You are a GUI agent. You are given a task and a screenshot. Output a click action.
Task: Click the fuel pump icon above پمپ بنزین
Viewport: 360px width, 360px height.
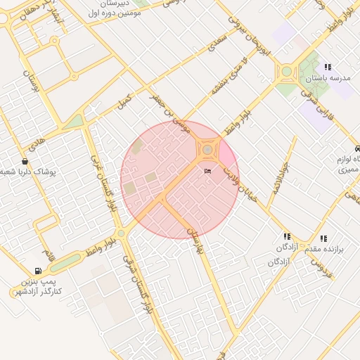37,271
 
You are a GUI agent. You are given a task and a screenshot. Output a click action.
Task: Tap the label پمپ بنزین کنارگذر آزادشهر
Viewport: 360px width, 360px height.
37,286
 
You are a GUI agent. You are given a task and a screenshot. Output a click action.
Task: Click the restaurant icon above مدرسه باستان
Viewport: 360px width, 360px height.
328,67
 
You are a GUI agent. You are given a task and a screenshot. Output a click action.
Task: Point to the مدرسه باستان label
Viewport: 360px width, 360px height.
333,78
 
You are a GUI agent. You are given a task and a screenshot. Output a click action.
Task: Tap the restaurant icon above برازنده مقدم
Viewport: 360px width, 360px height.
323,239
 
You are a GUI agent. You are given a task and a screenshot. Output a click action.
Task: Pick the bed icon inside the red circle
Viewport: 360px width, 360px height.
207,171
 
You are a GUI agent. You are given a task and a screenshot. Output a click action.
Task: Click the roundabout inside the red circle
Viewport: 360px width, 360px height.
207,149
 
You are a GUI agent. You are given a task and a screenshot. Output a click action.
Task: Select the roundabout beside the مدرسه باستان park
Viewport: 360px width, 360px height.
286,71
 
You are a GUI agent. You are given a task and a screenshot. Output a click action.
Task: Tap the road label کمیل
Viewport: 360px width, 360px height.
124,101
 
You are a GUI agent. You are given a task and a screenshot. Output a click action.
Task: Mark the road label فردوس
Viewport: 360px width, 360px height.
321,266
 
